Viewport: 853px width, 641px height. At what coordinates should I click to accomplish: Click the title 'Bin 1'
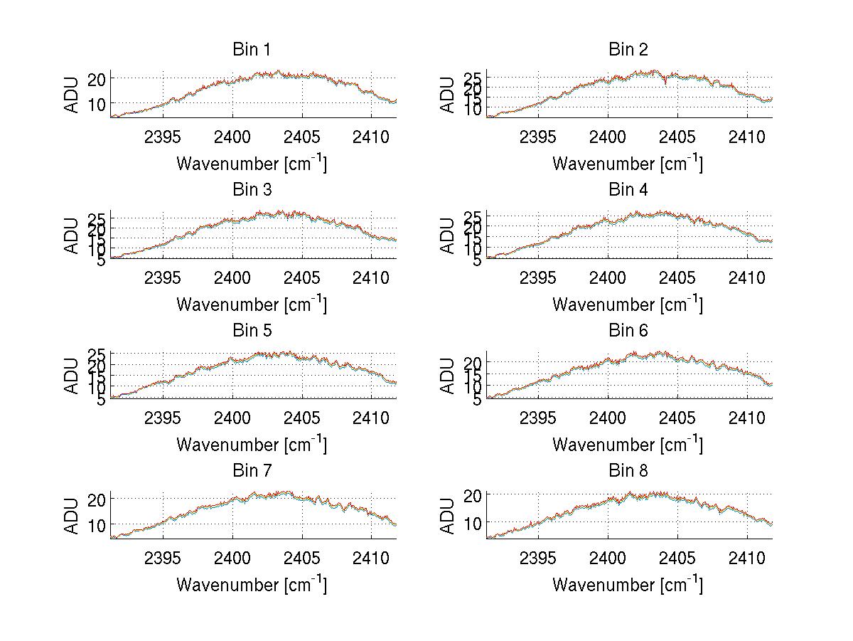(x=252, y=50)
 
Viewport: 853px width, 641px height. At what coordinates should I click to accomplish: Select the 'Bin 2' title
(x=628, y=50)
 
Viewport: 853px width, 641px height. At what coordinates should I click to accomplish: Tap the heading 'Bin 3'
(x=252, y=190)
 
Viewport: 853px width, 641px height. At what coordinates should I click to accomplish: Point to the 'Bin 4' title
(x=628, y=190)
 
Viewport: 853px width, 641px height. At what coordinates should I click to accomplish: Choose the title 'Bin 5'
(x=252, y=331)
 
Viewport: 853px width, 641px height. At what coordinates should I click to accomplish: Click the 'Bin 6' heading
(x=628, y=331)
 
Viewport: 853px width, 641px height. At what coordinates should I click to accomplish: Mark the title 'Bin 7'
(x=252, y=471)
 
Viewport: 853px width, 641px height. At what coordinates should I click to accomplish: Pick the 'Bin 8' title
(x=628, y=471)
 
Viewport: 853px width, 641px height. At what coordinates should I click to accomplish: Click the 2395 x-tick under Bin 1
(x=163, y=137)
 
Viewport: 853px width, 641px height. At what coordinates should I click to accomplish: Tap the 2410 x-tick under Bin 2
(x=747, y=137)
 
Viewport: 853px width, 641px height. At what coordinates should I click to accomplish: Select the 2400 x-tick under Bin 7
(x=232, y=558)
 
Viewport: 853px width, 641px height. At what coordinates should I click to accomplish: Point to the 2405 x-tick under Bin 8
(x=677, y=558)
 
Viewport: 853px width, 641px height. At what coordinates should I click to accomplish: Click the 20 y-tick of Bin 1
(x=97, y=79)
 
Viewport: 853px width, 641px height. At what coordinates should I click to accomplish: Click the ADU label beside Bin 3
(x=72, y=235)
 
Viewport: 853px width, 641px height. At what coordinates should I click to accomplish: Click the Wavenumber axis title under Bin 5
(x=252, y=445)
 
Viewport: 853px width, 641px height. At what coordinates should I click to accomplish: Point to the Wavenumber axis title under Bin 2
(x=628, y=164)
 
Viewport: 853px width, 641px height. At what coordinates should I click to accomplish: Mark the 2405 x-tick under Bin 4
(x=677, y=277)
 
